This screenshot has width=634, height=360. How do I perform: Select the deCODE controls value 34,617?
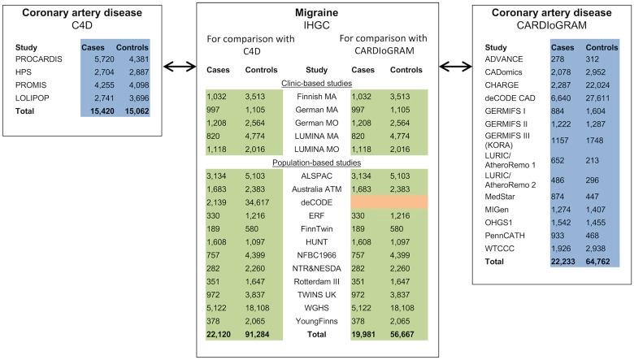[x=263, y=201]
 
